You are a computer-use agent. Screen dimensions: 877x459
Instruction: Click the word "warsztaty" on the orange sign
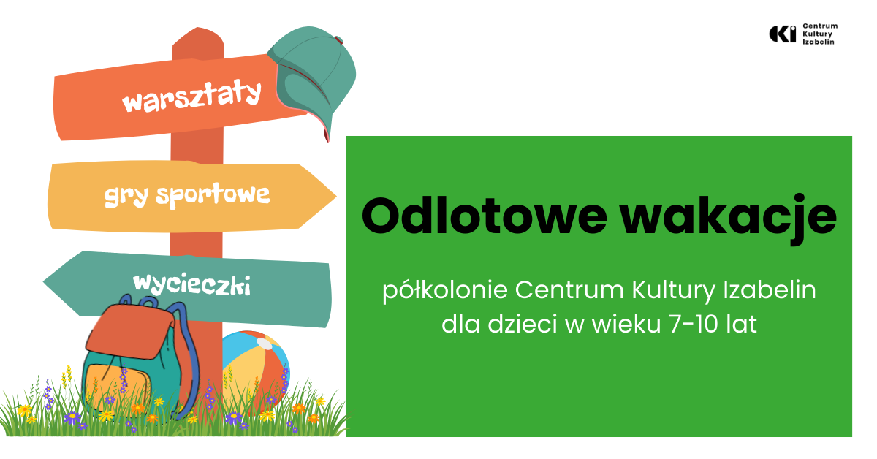[191, 96]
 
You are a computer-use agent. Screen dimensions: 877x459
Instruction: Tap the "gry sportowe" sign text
[187, 195]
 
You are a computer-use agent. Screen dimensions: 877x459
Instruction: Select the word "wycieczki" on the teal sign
[191, 285]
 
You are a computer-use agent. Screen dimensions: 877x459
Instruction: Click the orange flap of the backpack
[130, 331]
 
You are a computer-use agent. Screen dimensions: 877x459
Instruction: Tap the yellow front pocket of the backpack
[118, 386]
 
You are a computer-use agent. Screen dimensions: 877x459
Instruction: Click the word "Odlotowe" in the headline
[485, 216]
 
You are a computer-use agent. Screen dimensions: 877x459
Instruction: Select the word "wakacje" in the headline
[729, 218]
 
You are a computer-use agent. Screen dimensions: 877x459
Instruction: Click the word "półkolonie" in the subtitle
[445, 291]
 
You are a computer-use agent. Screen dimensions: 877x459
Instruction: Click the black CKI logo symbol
[782, 34]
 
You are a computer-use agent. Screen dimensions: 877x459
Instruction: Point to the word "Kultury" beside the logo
[818, 34]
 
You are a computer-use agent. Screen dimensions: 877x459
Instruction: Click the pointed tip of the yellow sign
[336, 196]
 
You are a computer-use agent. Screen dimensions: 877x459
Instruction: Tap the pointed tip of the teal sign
[44, 282]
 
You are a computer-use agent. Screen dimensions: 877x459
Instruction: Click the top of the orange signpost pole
[198, 29]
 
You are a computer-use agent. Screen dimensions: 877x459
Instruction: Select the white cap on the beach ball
[265, 344]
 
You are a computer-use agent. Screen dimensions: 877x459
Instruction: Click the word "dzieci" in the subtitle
[523, 324]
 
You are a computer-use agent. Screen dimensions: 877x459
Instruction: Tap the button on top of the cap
[339, 39]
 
